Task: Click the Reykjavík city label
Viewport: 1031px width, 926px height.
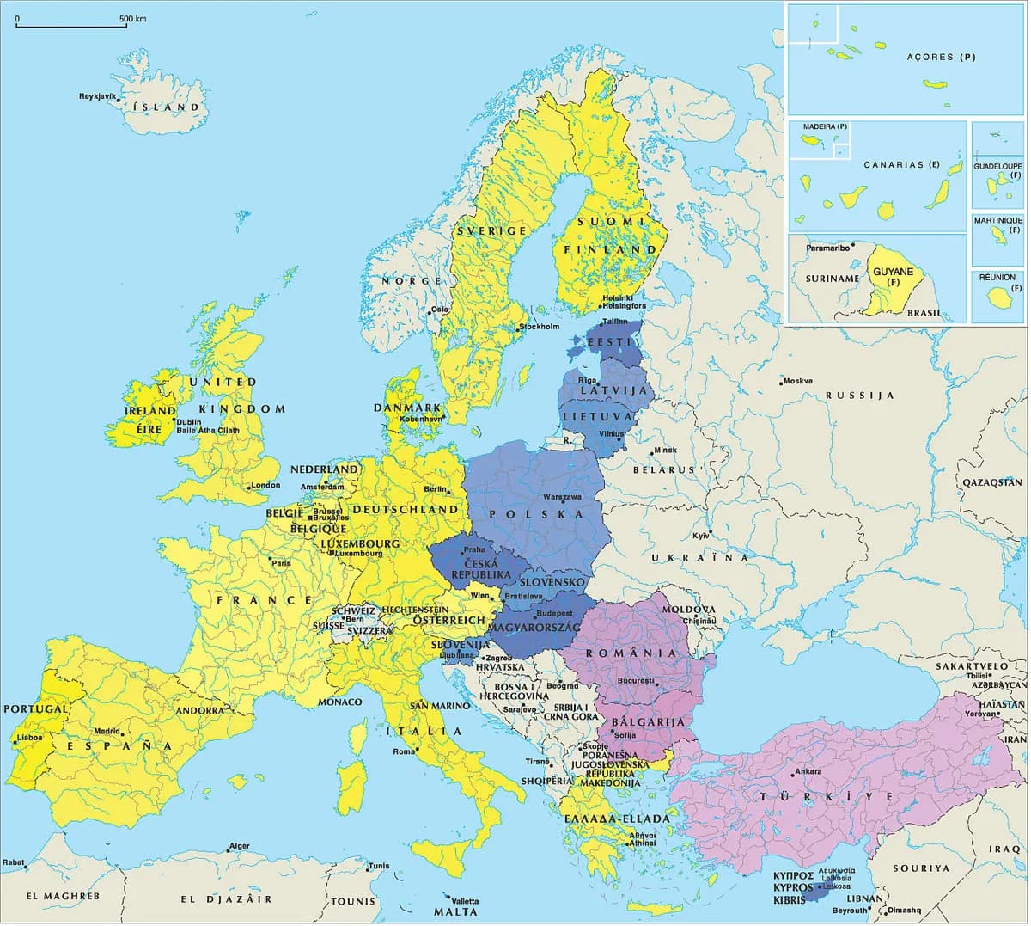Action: click(97, 95)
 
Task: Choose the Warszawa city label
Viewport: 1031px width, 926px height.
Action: click(562, 497)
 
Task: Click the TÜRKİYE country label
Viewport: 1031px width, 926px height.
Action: click(815, 797)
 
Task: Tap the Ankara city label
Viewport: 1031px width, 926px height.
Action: click(808, 771)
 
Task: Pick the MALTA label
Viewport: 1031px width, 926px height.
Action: click(455, 911)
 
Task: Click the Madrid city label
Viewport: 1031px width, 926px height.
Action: click(107, 732)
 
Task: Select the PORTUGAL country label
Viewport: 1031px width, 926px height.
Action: click(36, 709)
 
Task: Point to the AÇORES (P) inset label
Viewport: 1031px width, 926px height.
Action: click(942, 58)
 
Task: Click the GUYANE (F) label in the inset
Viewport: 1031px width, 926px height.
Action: click(893, 277)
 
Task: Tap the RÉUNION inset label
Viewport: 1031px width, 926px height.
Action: click(997, 278)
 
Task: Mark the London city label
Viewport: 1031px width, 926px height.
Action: click(265, 485)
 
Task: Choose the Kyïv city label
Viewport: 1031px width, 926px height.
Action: click(701, 536)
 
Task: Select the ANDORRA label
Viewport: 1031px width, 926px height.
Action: click(200, 711)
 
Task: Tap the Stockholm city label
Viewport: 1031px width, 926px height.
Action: click(539, 327)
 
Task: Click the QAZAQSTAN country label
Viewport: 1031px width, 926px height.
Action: click(991, 483)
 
